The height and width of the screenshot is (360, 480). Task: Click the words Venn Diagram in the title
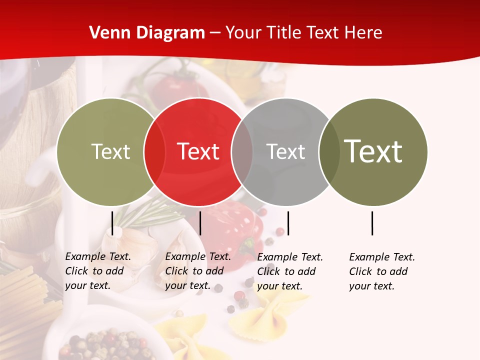click(x=147, y=33)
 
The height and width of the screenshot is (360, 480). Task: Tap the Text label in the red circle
click(x=198, y=151)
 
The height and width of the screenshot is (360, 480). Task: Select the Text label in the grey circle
click(x=285, y=151)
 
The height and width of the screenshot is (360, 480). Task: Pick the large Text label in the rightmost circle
click(x=373, y=151)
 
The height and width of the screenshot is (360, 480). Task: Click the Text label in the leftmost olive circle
click(x=110, y=151)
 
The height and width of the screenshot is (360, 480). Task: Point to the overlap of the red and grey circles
click(x=242, y=152)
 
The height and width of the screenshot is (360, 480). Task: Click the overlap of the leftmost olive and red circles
click(x=154, y=152)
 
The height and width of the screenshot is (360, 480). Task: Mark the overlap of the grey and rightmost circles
click(x=329, y=152)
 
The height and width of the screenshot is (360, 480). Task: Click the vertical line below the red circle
click(x=200, y=223)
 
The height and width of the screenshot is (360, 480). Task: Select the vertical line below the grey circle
click(x=288, y=223)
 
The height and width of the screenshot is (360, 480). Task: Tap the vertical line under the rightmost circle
click(x=372, y=223)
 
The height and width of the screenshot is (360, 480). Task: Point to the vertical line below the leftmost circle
click(x=112, y=223)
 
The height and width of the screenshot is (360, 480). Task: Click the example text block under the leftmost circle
click(x=97, y=271)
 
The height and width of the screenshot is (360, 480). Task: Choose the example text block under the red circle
click(x=197, y=271)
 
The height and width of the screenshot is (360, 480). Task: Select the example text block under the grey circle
click(x=289, y=271)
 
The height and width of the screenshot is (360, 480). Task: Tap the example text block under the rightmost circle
click(x=381, y=271)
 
